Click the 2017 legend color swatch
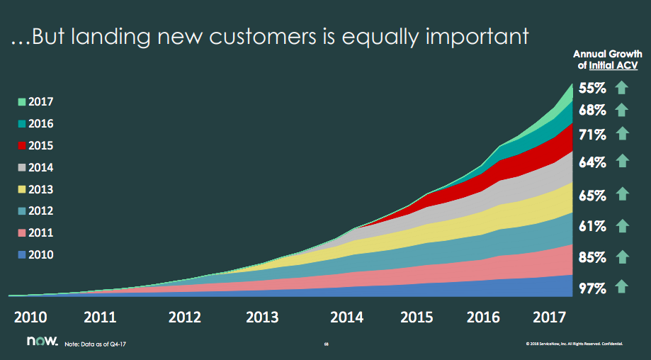click(x=22, y=102)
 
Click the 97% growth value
click(x=592, y=288)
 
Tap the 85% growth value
click(x=592, y=257)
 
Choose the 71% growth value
click(x=592, y=134)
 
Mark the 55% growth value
click(x=592, y=89)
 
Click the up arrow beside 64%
click(x=622, y=162)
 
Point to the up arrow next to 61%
click(x=622, y=226)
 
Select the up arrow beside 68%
click(x=622, y=110)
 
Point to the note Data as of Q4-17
click(x=95, y=344)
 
